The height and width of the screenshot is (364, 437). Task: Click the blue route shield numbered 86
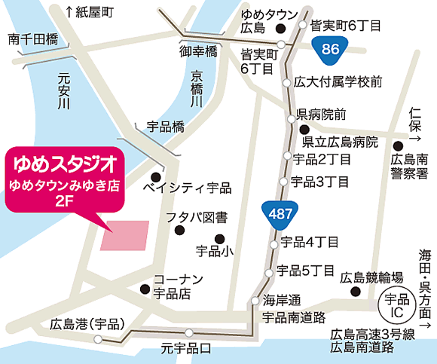point(329,50)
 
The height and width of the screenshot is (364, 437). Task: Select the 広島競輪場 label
point(372,277)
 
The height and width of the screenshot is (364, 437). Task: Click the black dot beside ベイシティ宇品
point(157,170)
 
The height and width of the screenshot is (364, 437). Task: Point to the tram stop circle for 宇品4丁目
point(275,242)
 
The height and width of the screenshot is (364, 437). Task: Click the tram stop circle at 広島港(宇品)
point(97,339)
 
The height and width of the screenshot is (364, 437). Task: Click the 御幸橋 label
point(197,51)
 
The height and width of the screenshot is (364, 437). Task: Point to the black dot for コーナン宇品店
point(144,287)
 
